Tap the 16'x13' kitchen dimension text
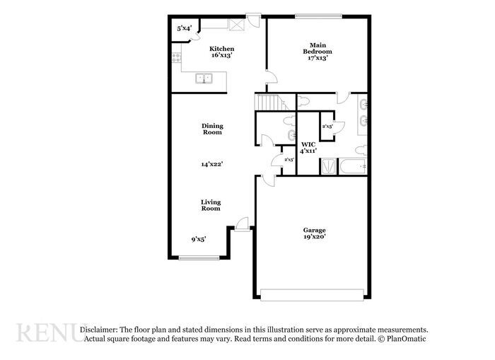click(x=222, y=55)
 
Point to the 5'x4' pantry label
click(x=183, y=28)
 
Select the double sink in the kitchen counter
click(x=205, y=79)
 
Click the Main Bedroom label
click(x=318, y=47)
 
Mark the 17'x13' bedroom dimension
click(x=318, y=59)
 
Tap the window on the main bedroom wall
click(x=318, y=16)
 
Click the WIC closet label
click(x=307, y=144)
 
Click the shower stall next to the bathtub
click(x=327, y=167)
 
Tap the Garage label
click(x=315, y=230)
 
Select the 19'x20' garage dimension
click(x=315, y=237)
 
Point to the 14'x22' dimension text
click(x=212, y=164)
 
